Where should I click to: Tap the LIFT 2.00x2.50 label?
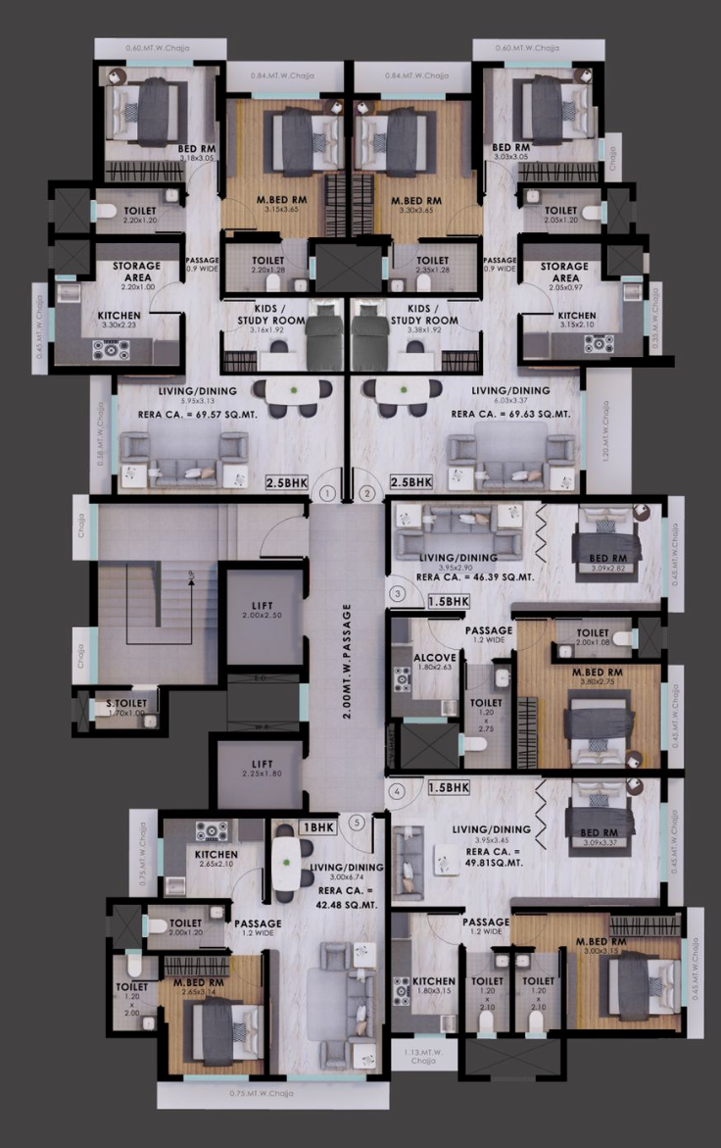coord(260,621)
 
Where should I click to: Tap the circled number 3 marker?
coord(397,593)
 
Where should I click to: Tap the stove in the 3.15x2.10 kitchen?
coord(599,343)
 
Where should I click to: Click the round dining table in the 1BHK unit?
coord(285,860)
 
